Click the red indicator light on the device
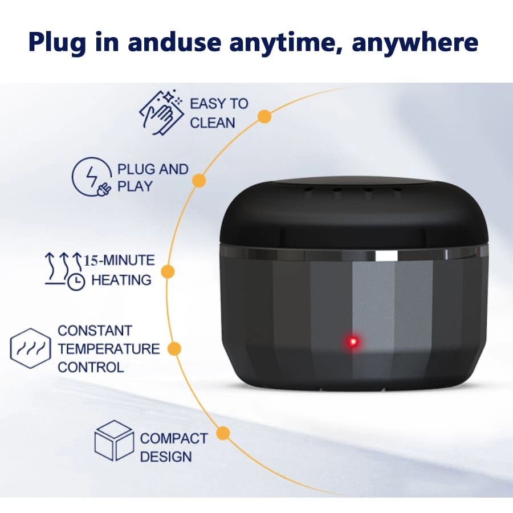point(353,342)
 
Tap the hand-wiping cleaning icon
point(161,112)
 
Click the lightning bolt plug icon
point(92,177)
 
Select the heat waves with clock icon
point(64,271)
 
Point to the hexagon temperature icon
point(30,348)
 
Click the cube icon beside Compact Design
point(114,441)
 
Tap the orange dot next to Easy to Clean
point(264,116)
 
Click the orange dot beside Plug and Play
point(199,180)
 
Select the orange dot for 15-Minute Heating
point(168,272)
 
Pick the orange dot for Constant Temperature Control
point(174,349)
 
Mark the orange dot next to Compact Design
point(223,433)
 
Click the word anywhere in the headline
point(415,43)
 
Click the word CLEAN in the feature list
point(213,123)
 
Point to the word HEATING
point(121,280)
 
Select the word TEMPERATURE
point(109,349)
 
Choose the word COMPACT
point(174,438)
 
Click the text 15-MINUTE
point(119,260)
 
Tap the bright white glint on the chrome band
point(386,256)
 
